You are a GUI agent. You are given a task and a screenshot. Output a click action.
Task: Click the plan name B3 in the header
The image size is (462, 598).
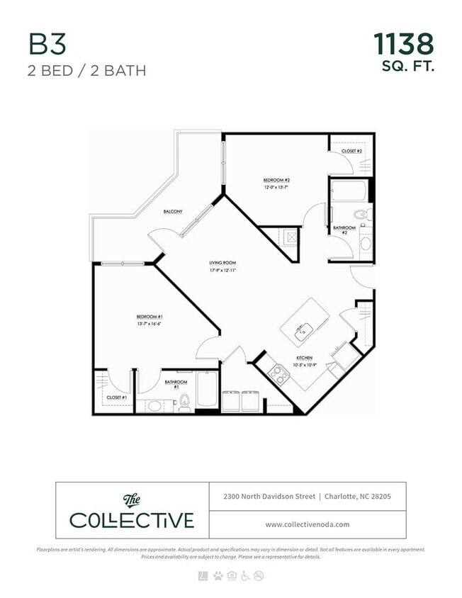point(47,45)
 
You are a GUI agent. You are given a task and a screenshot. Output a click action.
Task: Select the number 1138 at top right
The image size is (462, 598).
point(403,44)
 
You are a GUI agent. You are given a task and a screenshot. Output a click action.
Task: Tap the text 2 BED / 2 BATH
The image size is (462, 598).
point(87,72)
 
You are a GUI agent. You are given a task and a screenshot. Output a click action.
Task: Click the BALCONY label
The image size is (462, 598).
point(173,212)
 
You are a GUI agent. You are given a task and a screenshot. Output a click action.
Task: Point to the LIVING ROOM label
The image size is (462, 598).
point(222,263)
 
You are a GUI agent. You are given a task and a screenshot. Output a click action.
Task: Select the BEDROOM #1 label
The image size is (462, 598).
point(150,316)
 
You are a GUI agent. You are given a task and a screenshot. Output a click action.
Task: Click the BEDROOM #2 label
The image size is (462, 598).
point(277,180)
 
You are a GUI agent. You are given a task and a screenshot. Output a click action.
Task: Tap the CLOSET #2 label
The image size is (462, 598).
point(351,151)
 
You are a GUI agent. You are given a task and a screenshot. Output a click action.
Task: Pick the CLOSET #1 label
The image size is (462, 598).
point(116,397)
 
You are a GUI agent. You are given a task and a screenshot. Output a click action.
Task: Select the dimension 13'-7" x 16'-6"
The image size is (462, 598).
point(150,324)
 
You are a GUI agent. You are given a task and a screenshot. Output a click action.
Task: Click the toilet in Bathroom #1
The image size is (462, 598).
point(184,402)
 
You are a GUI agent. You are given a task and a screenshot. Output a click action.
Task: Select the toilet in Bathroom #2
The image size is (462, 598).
point(359,214)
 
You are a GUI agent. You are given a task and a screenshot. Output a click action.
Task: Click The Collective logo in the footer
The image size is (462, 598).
point(132,511)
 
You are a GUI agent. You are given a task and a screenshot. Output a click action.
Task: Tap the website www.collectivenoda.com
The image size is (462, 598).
point(308,525)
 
